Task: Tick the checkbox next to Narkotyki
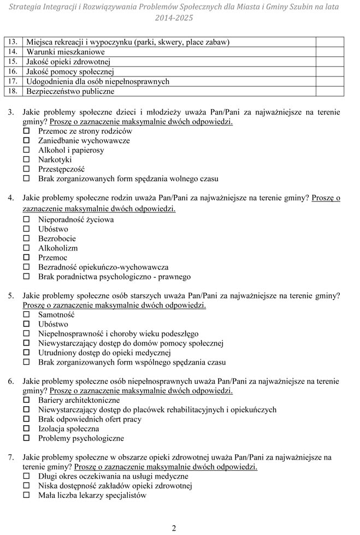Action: click(26, 160)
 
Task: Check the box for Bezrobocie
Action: click(26, 239)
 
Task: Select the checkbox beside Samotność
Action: click(26, 315)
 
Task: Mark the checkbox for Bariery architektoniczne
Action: click(26, 400)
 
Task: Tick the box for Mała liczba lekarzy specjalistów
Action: click(26, 496)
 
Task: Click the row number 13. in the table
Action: click(14, 42)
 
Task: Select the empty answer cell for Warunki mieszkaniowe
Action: click(329, 52)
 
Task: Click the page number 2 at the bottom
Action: click(174, 527)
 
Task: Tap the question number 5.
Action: click(11, 296)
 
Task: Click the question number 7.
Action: click(11, 457)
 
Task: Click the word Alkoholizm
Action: click(58, 248)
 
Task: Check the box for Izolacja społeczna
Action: click(26, 429)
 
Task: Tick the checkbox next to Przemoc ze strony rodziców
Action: click(26, 132)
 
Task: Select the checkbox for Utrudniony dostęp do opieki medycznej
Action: click(26, 353)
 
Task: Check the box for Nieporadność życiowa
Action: click(26, 219)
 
